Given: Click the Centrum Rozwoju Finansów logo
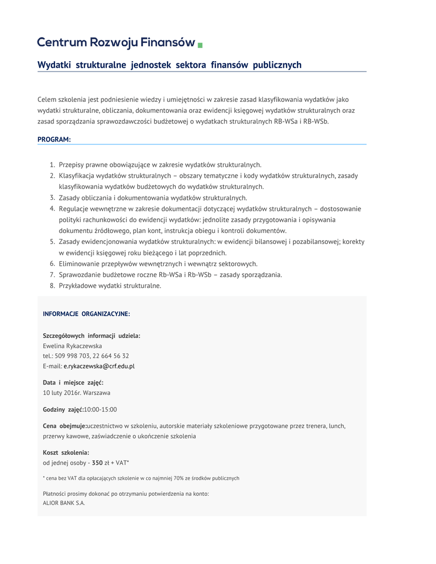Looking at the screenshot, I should point(116,42).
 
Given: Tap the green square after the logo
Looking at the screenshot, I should point(200,45).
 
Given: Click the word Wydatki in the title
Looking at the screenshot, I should point(54,65).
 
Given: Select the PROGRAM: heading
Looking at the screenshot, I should point(54,139).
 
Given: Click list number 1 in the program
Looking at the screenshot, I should point(52,165).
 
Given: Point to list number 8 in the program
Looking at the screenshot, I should point(52,286).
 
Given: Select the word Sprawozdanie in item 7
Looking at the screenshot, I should point(80,275).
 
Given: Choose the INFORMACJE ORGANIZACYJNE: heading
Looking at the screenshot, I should point(87,314).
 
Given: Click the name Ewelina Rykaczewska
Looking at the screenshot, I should point(72,346).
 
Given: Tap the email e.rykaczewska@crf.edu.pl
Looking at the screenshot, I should point(99,366).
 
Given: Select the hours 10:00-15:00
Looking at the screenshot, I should point(100,409).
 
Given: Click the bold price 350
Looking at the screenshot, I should point(97,463).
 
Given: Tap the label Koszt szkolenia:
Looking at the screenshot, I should point(66,452).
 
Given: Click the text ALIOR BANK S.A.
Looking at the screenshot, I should point(64,503).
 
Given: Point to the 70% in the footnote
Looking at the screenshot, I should point(180,478).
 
